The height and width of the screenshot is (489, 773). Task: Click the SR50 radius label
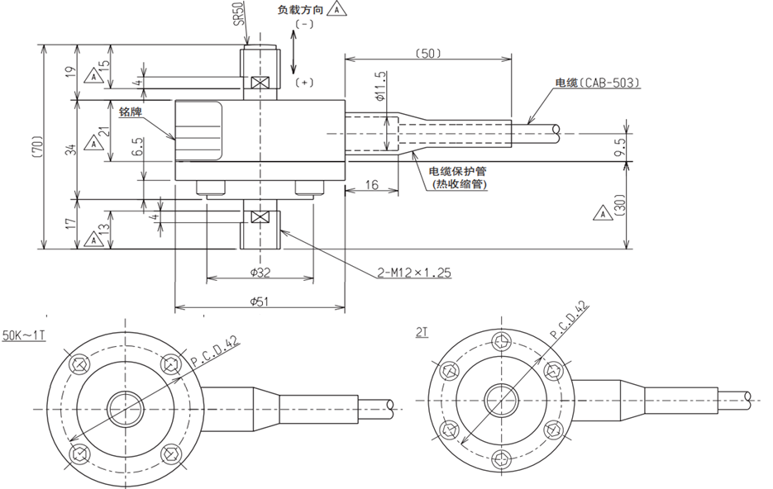click(x=239, y=12)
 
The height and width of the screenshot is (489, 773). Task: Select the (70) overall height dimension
click(x=39, y=147)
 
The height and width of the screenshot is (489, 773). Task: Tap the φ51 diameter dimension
click(x=260, y=301)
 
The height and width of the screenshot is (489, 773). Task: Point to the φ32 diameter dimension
click(x=260, y=272)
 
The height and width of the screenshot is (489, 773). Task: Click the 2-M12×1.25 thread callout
click(x=414, y=273)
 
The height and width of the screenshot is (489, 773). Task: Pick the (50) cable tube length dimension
click(x=428, y=53)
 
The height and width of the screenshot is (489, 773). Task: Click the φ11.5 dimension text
click(x=380, y=86)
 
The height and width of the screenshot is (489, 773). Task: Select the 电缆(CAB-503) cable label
click(x=598, y=83)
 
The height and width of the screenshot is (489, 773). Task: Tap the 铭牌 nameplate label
click(x=130, y=112)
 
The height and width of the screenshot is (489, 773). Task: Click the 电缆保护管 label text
click(x=457, y=171)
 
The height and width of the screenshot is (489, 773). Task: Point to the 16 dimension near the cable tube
click(x=372, y=185)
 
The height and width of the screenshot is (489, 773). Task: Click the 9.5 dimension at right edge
click(x=620, y=147)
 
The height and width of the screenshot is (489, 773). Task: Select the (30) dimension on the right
click(x=620, y=205)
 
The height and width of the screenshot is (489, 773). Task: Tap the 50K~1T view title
click(x=24, y=336)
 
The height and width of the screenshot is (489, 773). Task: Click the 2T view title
click(x=422, y=333)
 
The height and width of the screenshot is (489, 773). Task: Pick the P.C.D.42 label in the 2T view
click(x=570, y=320)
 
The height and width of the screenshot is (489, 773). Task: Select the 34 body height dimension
click(x=73, y=150)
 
